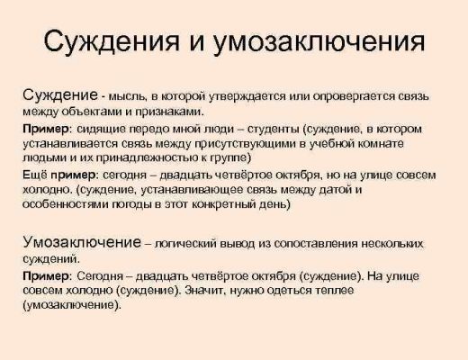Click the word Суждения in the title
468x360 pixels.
(112, 41)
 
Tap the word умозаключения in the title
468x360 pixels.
(319, 41)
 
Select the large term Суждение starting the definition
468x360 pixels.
(60, 95)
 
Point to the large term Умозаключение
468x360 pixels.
(82, 242)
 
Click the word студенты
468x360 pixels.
(274, 130)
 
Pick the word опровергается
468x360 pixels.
(354, 97)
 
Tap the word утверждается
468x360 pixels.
(247, 97)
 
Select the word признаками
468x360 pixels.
(170, 112)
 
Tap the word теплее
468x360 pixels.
(335, 291)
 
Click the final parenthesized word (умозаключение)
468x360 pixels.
(72, 305)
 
